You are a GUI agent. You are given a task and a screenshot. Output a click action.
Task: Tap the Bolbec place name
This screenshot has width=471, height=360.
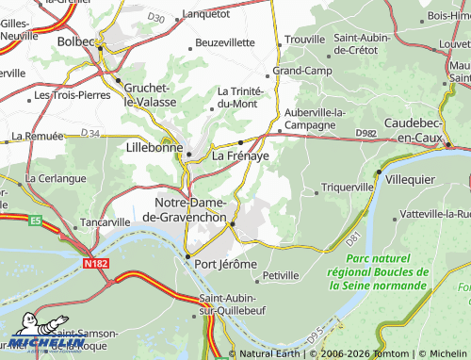77,42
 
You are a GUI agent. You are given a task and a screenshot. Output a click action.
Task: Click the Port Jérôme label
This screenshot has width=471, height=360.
225,264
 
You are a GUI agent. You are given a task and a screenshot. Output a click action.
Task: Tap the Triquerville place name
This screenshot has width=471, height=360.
348,188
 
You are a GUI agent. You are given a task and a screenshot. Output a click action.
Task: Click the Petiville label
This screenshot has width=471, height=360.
281,275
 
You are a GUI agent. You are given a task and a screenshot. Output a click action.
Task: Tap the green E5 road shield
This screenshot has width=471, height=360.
36,221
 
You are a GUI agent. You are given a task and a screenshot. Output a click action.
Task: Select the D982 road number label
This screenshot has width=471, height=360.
368,134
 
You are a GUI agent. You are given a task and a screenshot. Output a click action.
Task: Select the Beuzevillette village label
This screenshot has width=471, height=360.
225,42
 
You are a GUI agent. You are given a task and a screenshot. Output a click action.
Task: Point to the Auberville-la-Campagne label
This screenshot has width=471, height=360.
315,118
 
